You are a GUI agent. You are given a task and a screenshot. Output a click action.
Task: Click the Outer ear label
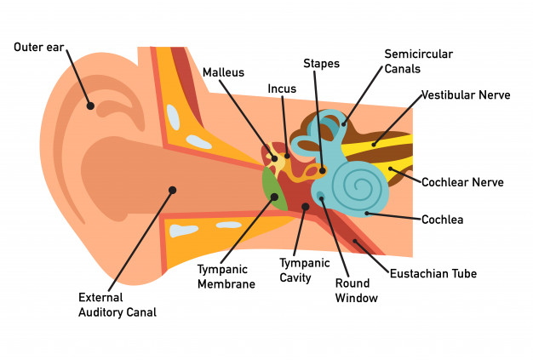pyautogui.click(x=39, y=47)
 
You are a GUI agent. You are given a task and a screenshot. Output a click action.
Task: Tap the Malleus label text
pyautogui.click(x=223, y=72)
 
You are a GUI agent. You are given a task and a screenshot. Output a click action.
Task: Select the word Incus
pyautogui.click(x=282, y=89)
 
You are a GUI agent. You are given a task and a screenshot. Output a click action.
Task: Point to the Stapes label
pyautogui.click(x=321, y=64)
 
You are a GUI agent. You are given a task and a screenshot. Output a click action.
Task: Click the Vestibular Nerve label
pyautogui.click(x=466, y=94)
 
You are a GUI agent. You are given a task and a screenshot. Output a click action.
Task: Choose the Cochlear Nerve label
pyautogui.click(x=462, y=182)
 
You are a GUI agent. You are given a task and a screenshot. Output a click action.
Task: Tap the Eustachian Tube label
pyautogui.click(x=433, y=273)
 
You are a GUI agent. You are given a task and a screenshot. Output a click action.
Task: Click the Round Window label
pyautogui.click(x=356, y=291)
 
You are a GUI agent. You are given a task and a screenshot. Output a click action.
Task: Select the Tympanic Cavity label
pyautogui.click(x=305, y=271)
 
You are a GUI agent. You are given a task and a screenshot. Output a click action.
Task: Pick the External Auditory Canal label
pyautogui.click(x=117, y=305)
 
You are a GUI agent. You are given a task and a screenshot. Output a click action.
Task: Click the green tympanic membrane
pyautogui.click(x=274, y=189)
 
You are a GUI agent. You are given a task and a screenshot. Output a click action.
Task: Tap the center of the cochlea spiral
pyautogui.click(x=358, y=186)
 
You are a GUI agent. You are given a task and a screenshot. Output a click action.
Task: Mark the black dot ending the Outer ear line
pyautogui.click(x=90, y=106)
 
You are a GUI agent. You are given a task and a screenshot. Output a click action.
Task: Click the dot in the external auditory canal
pyautogui.click(x=172, y=190)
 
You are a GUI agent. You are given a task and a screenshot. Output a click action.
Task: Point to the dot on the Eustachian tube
pyautogui.click(x=355, y=242)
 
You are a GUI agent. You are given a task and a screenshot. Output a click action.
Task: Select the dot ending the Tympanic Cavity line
pyautogui.click(x=306, y=207)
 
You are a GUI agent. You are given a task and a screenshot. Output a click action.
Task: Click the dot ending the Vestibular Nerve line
pyautogui.click(x=374, y=145)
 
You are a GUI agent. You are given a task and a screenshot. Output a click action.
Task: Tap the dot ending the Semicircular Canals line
pyautogui.click(x=344, y=124)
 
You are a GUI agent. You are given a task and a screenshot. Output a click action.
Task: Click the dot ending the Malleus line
pyautogui.click(x=275, y=158)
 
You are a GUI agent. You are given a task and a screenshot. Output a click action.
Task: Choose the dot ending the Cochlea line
pyautogui.click(x=367, y=214)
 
